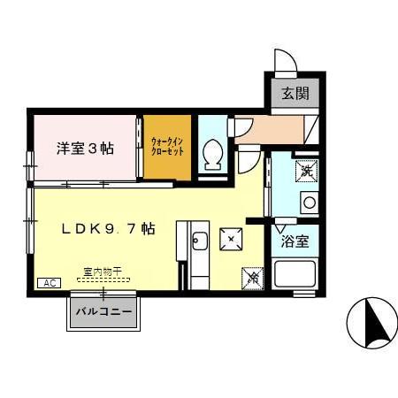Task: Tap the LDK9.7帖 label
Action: (109, 227)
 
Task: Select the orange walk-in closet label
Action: (167, 146)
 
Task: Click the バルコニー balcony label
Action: (103, 312)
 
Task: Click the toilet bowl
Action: (212, 156)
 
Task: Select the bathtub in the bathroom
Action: (295, 274)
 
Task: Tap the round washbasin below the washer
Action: (309, 202)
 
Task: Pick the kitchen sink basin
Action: (200, 241)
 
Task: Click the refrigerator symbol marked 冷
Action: (251, 277)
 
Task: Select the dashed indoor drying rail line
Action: (103, 279)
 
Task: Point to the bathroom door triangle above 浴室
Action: (282, 226)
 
